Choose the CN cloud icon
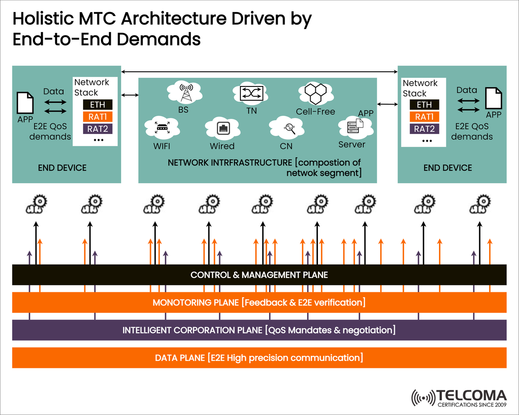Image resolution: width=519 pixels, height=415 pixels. tap(287, 128)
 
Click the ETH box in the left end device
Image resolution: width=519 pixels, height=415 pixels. tap(97, 105)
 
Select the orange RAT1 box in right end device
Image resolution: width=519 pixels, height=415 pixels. tap(424, 117)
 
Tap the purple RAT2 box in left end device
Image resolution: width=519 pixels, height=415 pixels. tap(97, 128)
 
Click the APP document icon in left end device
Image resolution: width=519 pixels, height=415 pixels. tap(25, 103)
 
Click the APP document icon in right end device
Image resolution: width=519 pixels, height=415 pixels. tap(493, 98)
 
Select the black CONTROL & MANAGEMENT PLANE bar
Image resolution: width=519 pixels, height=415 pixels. tap(259, 275)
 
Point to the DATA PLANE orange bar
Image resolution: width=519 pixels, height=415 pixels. tap(259, 358)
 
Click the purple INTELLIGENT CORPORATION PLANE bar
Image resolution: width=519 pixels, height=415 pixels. tap(259, 330)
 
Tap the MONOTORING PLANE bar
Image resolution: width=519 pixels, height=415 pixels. tap(259, 303)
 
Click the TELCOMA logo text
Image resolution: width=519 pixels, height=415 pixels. tap(471, 395)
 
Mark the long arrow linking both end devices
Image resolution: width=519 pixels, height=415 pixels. tap(259, 71)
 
